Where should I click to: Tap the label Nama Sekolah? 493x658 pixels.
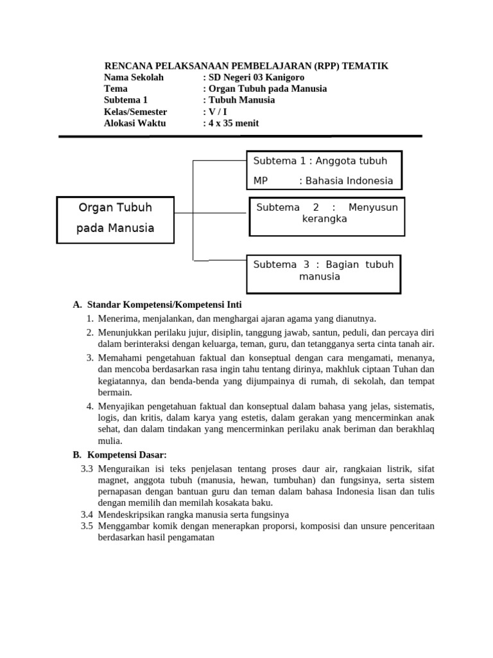tap(134, 77)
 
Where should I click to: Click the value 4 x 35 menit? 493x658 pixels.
tap(232, 123)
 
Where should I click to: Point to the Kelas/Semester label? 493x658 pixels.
tap(135, 112)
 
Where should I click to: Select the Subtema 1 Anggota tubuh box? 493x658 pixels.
tap(324, 170)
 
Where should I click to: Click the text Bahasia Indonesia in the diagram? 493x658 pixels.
tap(349, 181)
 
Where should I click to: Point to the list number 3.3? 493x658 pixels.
tap(87, 468)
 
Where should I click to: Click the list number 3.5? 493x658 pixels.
tap(87, 526)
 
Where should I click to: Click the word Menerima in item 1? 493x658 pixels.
tap(117, 318)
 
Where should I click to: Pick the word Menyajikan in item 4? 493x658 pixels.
tap(120, 407)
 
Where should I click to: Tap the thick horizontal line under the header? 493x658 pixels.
tap(240, 136)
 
